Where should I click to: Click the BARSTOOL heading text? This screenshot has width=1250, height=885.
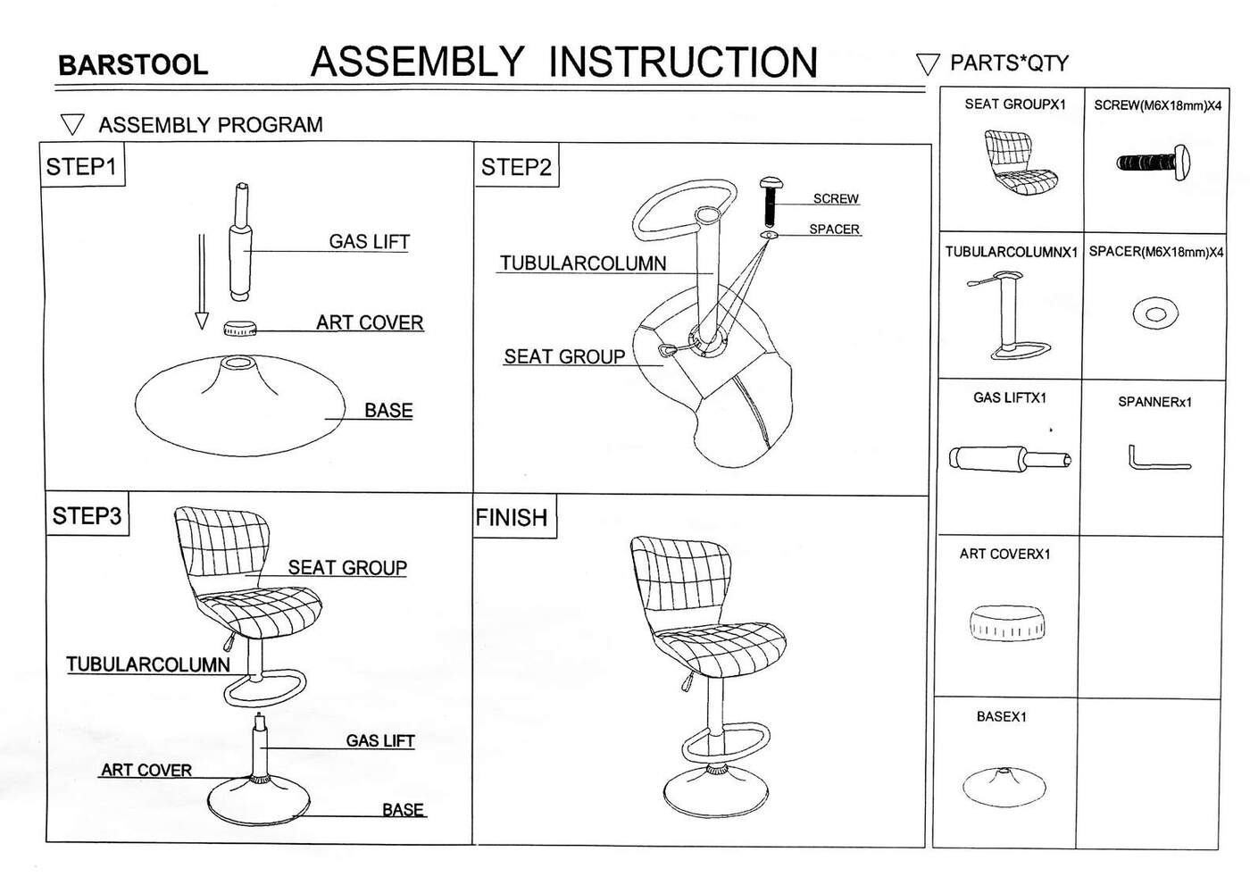pos(132,65)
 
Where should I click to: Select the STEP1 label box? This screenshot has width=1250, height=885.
pos(81,167)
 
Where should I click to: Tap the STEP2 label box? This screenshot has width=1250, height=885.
pos(516,167)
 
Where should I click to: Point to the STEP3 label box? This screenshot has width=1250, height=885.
pos(87,516)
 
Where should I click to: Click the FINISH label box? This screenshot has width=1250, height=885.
pos(512,518)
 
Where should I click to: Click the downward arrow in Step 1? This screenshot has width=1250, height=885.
pos(202,281)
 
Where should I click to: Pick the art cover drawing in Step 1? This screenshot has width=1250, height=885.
pos(239,329)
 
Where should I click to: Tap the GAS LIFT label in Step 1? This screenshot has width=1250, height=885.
pos(369,242)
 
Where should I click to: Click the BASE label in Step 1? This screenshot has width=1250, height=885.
pos(388,411)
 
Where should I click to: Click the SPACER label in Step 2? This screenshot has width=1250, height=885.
pos(834,230)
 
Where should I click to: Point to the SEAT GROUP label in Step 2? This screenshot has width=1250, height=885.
pos(564,357)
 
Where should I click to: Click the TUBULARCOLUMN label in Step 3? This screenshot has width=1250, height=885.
pos(148,664)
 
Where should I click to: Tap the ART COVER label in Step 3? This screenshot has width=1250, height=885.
pos(146,771)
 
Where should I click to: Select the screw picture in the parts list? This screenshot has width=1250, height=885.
pos(1153,163)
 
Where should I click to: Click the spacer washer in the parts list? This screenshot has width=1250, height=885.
pos(1155,313)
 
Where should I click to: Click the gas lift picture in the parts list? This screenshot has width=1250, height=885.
pos(1010,459)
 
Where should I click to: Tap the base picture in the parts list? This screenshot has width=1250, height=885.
pos(1004,785)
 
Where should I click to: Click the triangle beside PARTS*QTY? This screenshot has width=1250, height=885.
pos(928,64)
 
